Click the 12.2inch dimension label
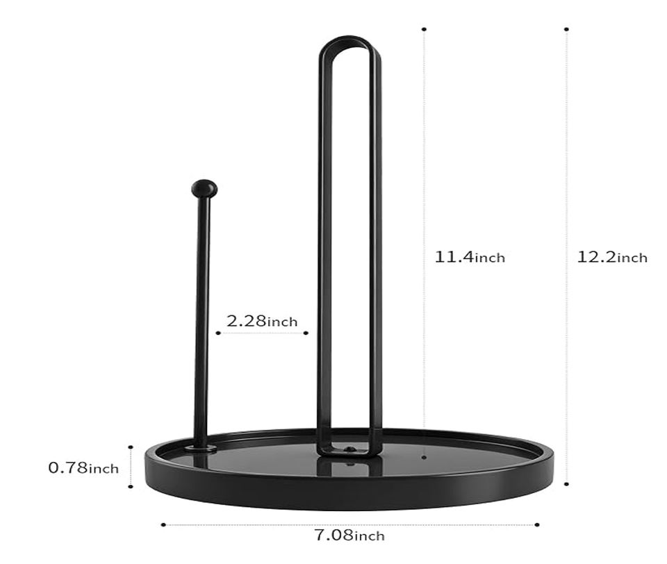pos(612,257)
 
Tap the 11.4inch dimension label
pos(470,257)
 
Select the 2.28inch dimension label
pos(262,321)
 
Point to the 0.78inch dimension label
pos(83,468)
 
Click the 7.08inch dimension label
pos(349,535)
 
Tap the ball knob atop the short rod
pos(204,188)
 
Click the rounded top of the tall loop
pos(349,42)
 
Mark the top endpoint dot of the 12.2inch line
pos(567,29)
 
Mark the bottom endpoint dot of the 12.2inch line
pos(567,483)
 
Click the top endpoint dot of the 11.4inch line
pos(424,29)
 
